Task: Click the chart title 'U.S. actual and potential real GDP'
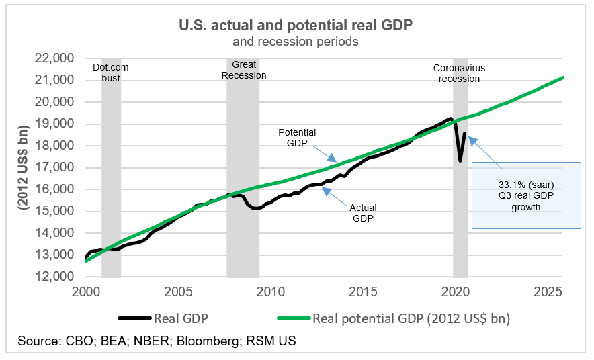click(295, 26)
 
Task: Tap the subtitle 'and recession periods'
click(295, 42)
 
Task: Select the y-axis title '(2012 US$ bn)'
click(25, 167)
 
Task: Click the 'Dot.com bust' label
click(110, 73)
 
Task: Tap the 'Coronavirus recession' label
click(459, 73)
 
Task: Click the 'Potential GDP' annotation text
click(297, 138)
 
